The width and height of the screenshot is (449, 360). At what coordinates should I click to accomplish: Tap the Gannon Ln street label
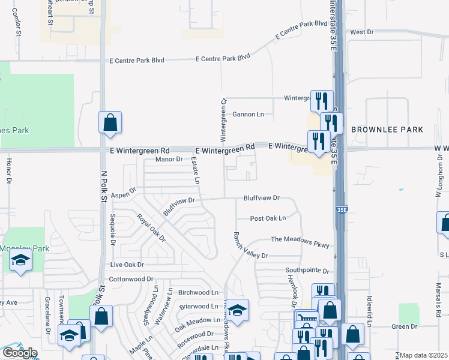tap(248, 114)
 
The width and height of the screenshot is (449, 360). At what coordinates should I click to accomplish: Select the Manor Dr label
tap(169, 159)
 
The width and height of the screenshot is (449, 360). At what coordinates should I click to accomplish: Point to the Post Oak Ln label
tap(268, 218)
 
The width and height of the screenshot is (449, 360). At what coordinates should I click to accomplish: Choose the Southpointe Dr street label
tap(308, 271)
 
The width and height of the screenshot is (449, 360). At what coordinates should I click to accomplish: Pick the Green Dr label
tap(404, 326)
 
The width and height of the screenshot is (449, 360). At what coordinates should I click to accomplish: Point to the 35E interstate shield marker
tap(342, 210)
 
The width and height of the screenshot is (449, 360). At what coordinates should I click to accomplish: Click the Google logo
tap(20, 352)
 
